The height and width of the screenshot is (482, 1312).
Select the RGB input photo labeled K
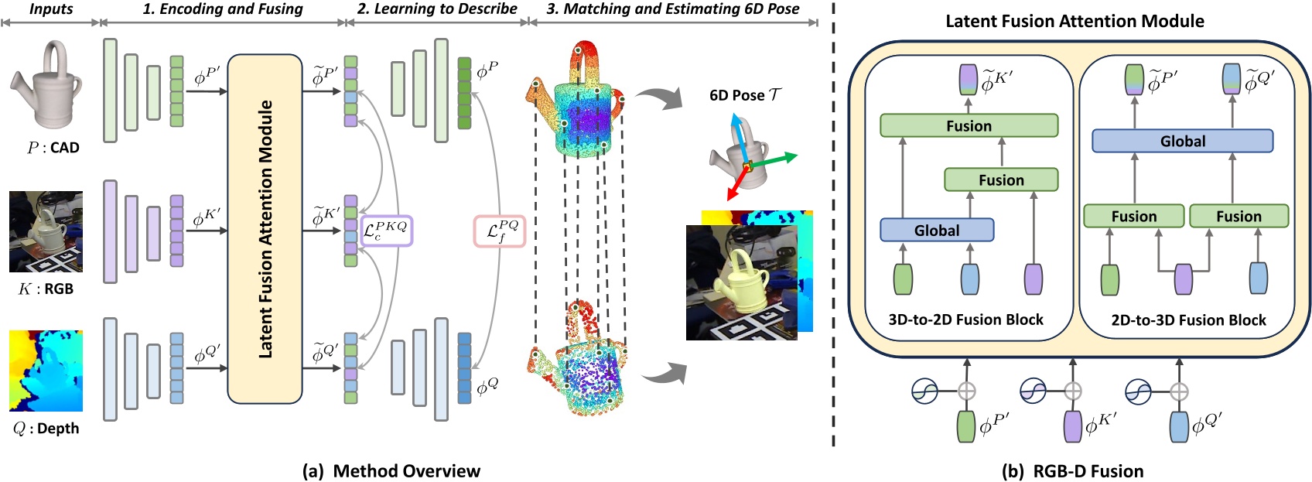46,231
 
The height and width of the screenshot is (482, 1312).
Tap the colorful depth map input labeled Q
46,371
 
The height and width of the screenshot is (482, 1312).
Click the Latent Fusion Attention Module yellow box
265,229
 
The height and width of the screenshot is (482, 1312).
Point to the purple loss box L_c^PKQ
386,231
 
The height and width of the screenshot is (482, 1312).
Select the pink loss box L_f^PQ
499,231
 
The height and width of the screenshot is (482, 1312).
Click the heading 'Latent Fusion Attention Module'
1074,21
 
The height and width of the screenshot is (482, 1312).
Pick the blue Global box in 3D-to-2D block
936,230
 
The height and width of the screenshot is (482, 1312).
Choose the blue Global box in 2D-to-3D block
1182,141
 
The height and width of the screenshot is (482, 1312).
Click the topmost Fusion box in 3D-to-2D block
969,125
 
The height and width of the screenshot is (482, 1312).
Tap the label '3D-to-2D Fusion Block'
965,320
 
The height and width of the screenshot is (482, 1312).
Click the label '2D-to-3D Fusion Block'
1188,320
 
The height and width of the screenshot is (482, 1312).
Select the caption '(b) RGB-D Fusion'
1072,470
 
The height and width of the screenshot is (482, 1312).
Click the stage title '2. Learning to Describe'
437,9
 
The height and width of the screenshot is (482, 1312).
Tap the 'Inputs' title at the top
51,9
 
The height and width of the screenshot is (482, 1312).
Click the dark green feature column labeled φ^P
464,93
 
